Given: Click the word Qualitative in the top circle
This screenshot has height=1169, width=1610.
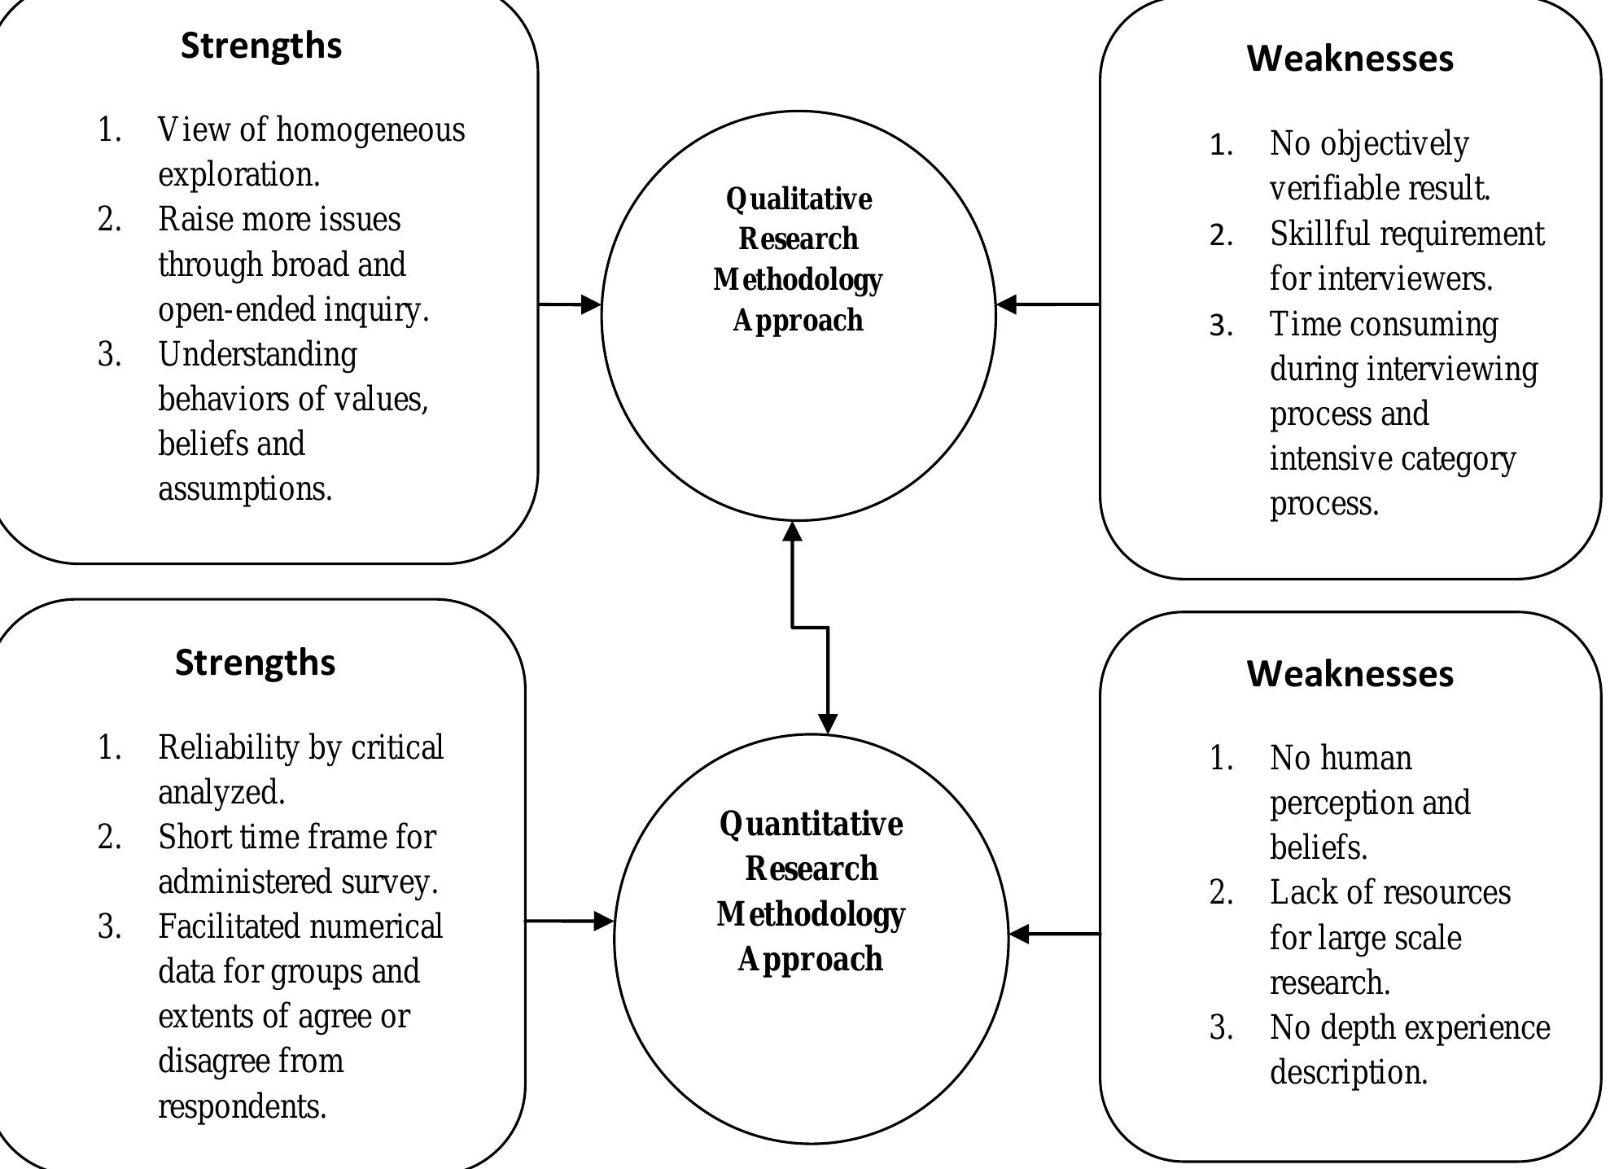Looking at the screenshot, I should (x=798, y=199).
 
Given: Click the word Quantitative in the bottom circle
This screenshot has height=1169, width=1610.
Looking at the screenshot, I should (x=811, y=824).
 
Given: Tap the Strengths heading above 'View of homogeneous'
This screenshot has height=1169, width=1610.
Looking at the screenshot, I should (x=261, y=46).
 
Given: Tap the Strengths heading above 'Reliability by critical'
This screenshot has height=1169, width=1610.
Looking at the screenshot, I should (x=255, y=663).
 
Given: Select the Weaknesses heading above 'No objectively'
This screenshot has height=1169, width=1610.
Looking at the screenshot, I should (x=1350, y=59).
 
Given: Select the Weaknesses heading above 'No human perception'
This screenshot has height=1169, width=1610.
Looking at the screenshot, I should (x=1350, y=674).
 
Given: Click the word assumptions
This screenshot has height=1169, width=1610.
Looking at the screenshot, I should (x=245, y=489).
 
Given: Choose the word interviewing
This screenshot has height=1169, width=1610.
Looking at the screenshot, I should (x=1453, y=370).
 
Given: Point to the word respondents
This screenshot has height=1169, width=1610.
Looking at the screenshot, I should (x=242, y=1107).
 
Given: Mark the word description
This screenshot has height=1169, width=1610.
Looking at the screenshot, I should (x=1348, y=1073).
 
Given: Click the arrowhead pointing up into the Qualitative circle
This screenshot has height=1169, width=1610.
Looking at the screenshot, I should (x=792, y=532).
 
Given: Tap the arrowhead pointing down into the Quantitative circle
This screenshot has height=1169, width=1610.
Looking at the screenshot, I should (x=828, y=723).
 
